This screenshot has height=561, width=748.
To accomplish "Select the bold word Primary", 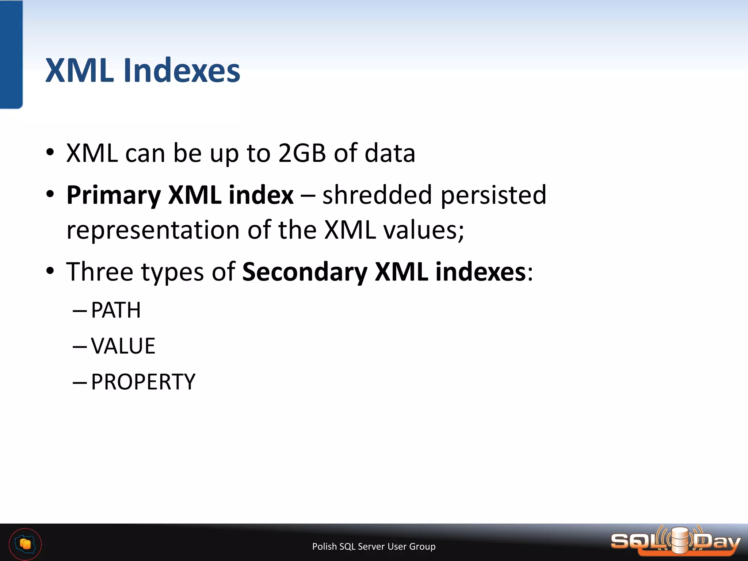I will coord(113,195).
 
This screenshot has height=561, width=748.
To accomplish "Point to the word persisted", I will coord(493,195).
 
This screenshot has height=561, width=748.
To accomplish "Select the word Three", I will coord(99,272).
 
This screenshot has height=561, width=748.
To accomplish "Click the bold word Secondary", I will coord(305,272).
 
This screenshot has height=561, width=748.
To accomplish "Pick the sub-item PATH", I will coord(116,310).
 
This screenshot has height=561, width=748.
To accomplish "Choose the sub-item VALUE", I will coord(123,346).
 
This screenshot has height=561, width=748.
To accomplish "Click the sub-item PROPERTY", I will coord(143,382).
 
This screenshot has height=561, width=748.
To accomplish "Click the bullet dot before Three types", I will coord(50,271).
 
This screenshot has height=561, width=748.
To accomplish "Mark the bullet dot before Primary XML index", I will coord(50,194).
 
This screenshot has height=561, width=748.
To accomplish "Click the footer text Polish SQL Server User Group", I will coord(374,546).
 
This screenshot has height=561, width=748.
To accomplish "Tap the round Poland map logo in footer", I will coord(25,544).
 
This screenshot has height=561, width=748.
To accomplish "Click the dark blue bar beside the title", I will coord(11,55).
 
